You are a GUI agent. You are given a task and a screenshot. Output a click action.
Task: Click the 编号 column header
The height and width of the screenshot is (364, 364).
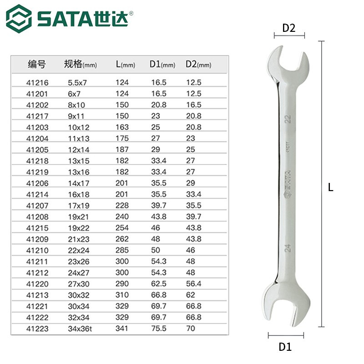point(36,64)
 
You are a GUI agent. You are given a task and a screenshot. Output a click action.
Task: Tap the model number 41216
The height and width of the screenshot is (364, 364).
point(37,83)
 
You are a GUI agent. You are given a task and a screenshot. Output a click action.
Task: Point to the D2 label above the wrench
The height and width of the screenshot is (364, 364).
point(289,28)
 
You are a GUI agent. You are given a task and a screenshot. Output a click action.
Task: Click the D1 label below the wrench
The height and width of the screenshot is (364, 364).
point(285,347)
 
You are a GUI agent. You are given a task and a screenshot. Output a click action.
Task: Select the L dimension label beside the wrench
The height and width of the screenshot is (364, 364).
point(331,187)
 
